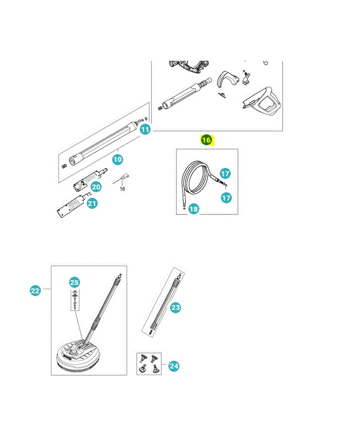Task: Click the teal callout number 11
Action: pyautogui.click(x=145, y=129)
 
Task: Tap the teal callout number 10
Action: pyautogui.click(x=118, y=159)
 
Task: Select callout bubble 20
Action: pyautogui.click(x=96, y=187)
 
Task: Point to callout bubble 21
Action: pyautogui.click(x=92, y=203)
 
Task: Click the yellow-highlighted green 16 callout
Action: pyautogui.click(x=207, y=140)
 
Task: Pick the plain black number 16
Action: pyautogui.click(x=122, y=188)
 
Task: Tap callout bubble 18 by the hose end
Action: pyautogui.click(x=193, y=209)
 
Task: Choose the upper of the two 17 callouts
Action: pyautogui.click(x=225, y=173)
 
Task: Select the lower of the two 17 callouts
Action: pyautogui.click(x=226, y=198)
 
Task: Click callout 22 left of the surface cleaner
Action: pyautogui.click(x=35, y=291)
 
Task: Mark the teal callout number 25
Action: pyautogui.click(x=75, y=282)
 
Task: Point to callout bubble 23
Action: pyautogui.click(x=176, y=307)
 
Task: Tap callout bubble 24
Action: pyautogui.click(x=174, y=366)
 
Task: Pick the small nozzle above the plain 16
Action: pyautogui.click(x=124, y=177)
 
